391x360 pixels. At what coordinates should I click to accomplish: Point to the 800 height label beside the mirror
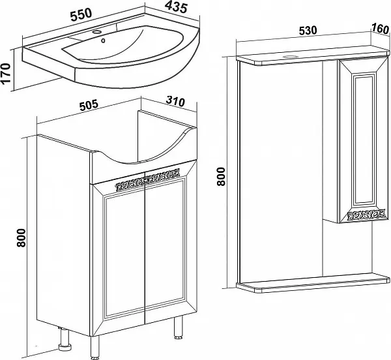pyautogui.click(x=222, y=176)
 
